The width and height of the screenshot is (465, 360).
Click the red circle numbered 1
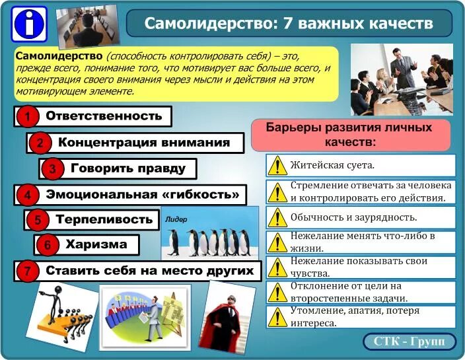point(27,117)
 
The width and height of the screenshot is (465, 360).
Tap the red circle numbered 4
point(27,196)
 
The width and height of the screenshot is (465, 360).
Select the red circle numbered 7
point(27,271)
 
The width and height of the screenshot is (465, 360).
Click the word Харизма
point(96,244)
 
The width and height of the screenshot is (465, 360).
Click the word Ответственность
point(104,116)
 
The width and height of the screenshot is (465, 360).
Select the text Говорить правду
point(124,168)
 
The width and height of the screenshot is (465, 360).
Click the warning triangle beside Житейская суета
point(278,165)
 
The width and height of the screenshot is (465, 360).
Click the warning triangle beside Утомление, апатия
point(278,317)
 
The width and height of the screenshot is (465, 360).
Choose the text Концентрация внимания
point(144,142)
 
